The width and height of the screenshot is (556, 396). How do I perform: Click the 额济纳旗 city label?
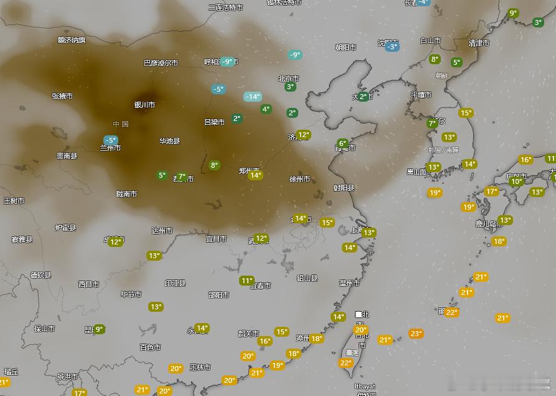pos(72,40)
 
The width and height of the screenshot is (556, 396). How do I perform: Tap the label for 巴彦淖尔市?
pos(161,63)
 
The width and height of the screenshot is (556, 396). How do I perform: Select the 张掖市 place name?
pos(62,96)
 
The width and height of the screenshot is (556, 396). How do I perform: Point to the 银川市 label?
pos(144,105)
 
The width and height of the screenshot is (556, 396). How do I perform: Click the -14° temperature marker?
pos(252,97)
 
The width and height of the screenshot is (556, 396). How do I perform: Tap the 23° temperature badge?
pos(416,334)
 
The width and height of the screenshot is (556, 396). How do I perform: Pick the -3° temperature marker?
pos(392,47)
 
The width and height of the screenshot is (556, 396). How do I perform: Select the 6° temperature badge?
pos(342,143)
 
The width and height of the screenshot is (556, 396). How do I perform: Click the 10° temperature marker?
pos(516,181)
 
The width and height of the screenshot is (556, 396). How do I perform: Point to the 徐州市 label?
pos(299,179)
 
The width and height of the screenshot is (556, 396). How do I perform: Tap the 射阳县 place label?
pos(343,188)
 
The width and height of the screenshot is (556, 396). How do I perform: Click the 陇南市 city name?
pos(126,194)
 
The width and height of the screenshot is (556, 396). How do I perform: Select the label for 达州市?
pos(162,230)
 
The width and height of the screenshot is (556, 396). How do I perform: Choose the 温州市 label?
pos(349,283)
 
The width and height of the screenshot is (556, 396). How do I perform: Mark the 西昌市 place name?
pos(88,284)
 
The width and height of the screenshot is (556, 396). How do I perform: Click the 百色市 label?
pos(150,347)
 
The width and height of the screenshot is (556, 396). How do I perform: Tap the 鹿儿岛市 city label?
pos(489,223)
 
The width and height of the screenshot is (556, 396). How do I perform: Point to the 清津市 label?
pos(479,43)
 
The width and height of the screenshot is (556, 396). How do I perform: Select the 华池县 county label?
pos(169,141)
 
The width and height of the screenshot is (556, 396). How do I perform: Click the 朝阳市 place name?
pos(346,47)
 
